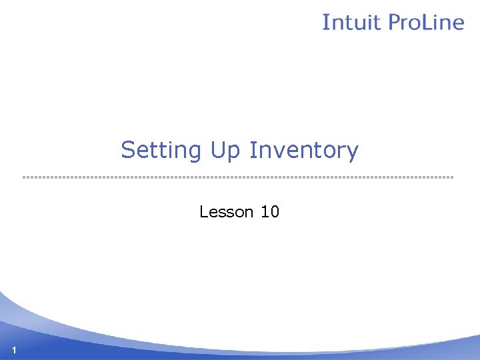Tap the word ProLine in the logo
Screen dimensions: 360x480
coord(425,22)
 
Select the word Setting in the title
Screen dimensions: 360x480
coord(161,151)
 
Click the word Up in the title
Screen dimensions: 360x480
coord(226,151)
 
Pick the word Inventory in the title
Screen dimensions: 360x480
coord(303,151)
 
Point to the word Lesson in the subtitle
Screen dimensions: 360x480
coord(227,212)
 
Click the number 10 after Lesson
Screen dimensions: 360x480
coord(270,212)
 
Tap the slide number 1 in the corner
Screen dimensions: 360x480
coord(13,351)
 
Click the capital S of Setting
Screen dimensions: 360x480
coord(127,150)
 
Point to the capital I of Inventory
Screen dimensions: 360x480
coord(252,150)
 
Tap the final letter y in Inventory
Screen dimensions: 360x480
coord(353,153)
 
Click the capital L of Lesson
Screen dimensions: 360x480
coord(203,212)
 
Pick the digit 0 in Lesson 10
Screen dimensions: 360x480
coord(274,212)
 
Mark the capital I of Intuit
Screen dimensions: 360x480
coord(325,22)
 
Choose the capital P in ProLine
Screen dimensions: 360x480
coord(393,22)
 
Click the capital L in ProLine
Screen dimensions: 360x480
coord(432,22)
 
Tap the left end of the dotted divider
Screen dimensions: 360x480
coord(24,177)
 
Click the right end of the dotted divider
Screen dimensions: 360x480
coord(452,177)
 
